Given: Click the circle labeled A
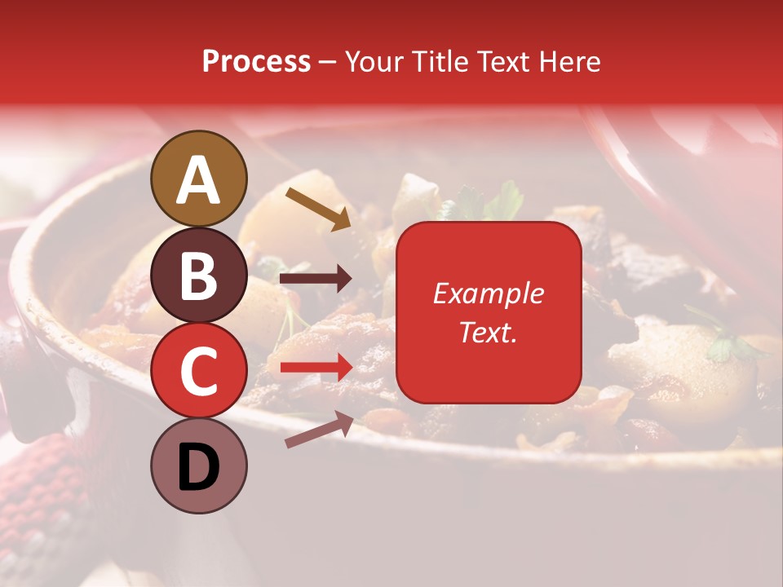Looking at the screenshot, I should coord(199,179).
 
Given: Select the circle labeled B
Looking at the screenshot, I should coord(199,275).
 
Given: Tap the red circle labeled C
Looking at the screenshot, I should coord(199,371).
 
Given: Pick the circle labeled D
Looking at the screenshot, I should coord(199,466).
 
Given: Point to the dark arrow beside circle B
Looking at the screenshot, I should coord(316,279).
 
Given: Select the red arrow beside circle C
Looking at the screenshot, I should coord(316,369).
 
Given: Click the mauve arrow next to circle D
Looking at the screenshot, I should coord(319,430).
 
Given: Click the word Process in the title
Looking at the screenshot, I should coord(256,61).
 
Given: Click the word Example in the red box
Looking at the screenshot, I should coord(488,293).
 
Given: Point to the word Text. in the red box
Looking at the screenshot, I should coord(488,332).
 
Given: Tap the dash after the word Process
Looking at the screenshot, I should coord(328,63).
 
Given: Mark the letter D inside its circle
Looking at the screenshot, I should coord(199,468).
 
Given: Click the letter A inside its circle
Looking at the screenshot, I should coord(199,180).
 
